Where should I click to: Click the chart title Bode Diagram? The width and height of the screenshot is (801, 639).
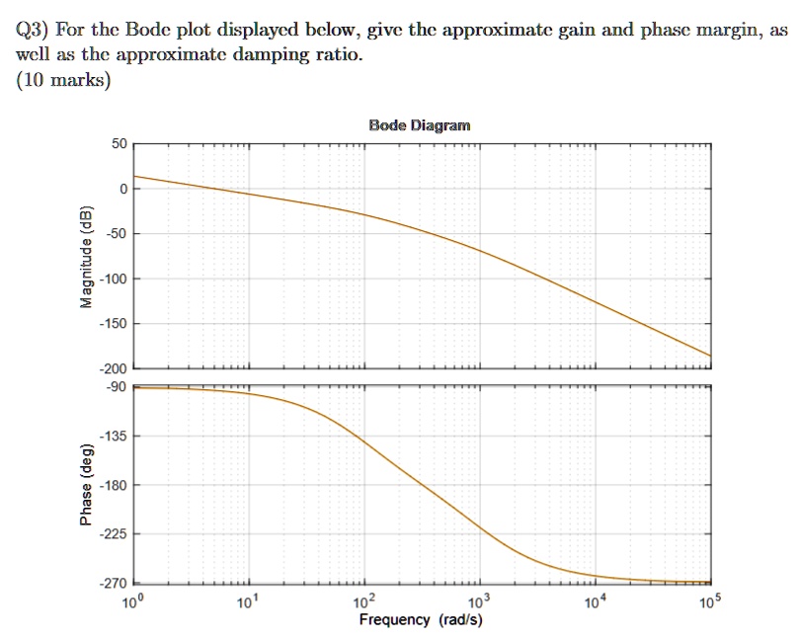[x=420, y=125]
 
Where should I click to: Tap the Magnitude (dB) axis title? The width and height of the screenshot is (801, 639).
[x=87, y=257]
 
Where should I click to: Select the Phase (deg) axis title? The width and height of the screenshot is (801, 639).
[x=87, y=483]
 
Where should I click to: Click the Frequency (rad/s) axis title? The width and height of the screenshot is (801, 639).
[x=421, y=620]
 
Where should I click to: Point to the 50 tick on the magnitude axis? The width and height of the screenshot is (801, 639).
[x=118, y=144]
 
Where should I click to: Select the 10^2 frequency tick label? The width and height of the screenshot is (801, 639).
[x=365, y=602]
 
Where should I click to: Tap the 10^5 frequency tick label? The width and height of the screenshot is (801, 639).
[x=710, y=602]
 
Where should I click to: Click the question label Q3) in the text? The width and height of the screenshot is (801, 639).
[x=37, y=31]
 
